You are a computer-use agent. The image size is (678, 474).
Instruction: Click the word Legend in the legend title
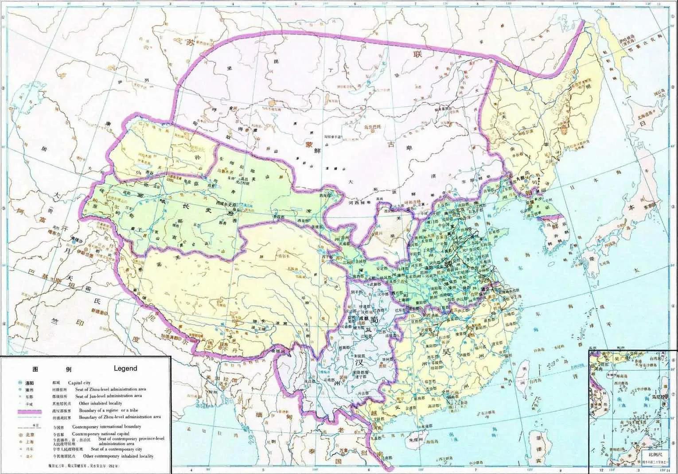click(125, 368)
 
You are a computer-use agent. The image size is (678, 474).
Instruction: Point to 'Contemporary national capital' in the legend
click(101, 434)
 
